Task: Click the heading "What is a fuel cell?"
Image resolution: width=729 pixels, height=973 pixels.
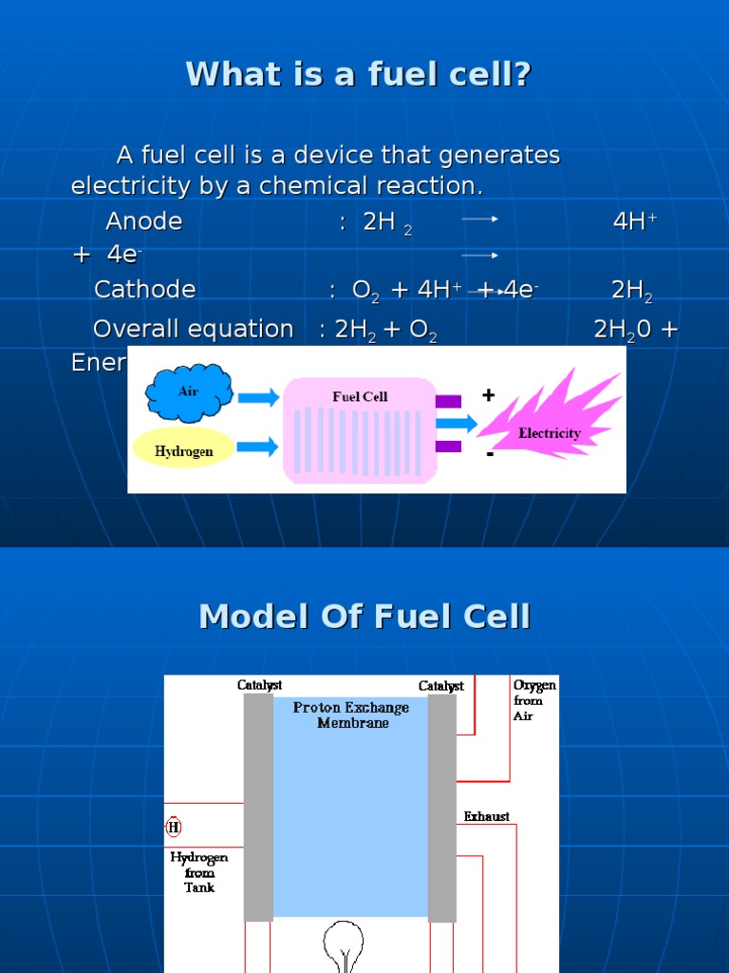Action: pos(359,74)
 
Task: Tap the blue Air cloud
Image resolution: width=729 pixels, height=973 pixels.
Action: pos(189,392)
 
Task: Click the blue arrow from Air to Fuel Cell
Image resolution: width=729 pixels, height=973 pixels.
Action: pos(258,396)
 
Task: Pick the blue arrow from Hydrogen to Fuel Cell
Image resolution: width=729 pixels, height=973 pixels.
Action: pos(258,446)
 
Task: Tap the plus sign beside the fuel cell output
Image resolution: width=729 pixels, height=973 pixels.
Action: pos(488,394)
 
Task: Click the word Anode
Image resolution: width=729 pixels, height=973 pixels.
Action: pos(144,222)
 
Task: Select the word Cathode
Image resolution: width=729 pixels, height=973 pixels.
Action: pos(145,290)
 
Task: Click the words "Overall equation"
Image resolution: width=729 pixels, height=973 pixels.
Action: pos(193,330)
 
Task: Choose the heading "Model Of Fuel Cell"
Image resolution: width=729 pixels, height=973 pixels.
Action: pos(364,618)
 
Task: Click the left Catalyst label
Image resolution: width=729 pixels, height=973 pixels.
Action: pos(259,685)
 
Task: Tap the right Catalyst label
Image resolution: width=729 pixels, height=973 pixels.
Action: pos(441,686)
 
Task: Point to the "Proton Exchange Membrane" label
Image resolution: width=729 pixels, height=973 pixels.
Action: pos(351,715)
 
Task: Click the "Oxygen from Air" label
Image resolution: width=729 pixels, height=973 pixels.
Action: pos(534,699)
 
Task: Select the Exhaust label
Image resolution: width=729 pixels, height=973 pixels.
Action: pos(486,816)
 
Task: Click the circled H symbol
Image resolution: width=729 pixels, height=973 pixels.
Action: pos(173,828)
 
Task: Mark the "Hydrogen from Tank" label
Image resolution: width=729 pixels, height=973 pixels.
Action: pos(199,871)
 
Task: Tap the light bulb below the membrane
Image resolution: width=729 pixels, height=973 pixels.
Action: pos(344,943)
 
